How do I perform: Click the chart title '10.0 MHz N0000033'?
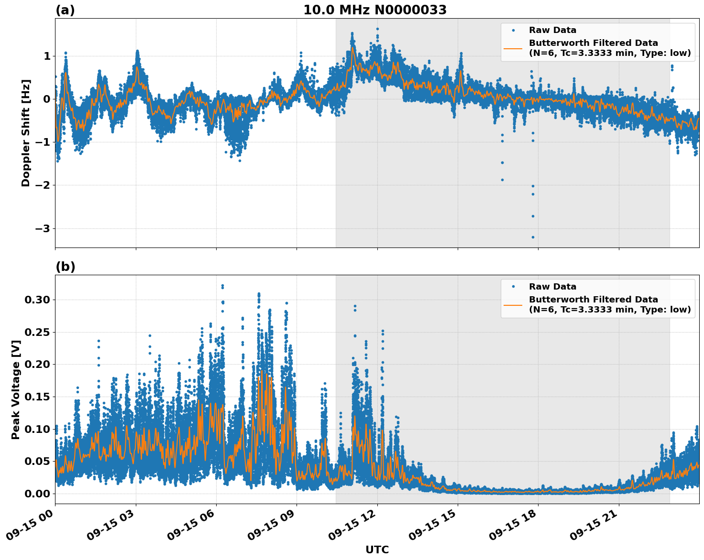tap(375, 10)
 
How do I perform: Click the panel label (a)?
tap(65, 10)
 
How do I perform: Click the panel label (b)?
tap(65, 267)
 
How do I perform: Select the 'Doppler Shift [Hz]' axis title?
tap(26, 133)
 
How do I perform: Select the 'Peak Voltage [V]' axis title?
tap(16, 389)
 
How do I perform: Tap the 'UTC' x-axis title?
tap(377, 549)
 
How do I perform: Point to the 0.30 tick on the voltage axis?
tap(37, 300)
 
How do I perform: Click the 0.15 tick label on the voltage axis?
tap(37, 397)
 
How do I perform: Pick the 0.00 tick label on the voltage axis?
tap(37, 494)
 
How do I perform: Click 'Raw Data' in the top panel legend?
tap(552, 31)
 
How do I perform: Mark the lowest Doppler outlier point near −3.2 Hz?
tap(533, 237)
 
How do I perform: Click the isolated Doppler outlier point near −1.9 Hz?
tap(502, 180)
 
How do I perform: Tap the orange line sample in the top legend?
tap(513, 48)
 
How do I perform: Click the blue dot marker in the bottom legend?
tap(513, 287)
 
